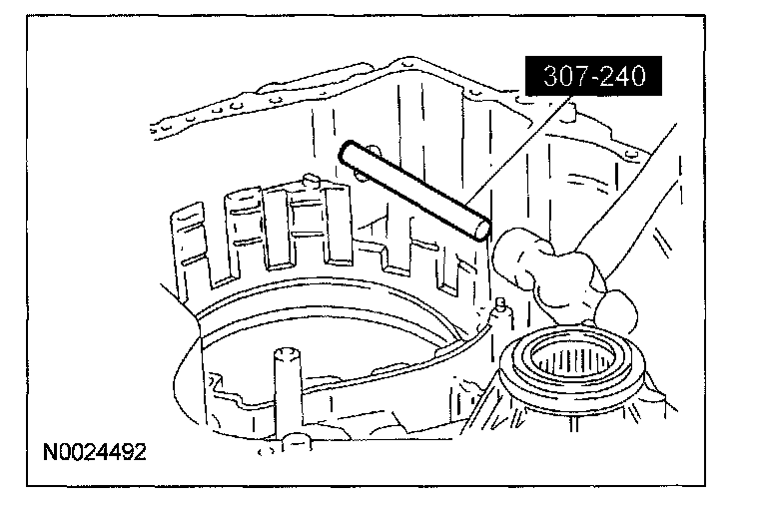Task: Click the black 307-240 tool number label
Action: (x=595, y=76)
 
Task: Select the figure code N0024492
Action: (x=94, y=452)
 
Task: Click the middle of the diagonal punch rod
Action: (x=413, y=189)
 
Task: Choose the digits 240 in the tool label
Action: (x=623, y=76)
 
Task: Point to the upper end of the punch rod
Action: (x=348, y=153)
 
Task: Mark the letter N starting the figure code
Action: (x=50, y=452)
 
